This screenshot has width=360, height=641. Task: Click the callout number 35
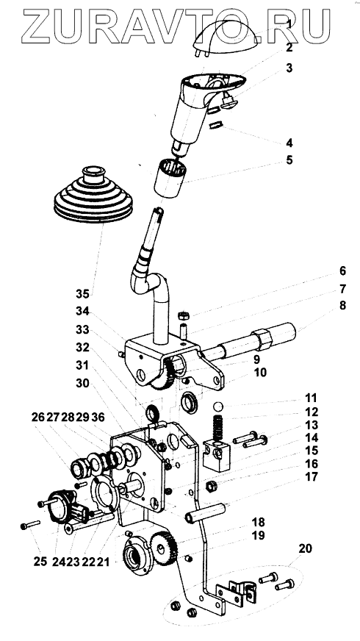(x=82, y=293)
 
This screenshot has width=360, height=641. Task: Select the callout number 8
(x=342, y=305)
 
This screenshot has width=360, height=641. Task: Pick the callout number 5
(x=289, y=160)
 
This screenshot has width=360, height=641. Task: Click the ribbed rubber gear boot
(x=93, y=195)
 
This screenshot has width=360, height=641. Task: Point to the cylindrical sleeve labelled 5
(x=170, y=178)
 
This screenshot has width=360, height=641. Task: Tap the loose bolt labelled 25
(x=30, y=525)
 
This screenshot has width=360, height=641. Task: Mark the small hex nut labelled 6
(x=184, y=315)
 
